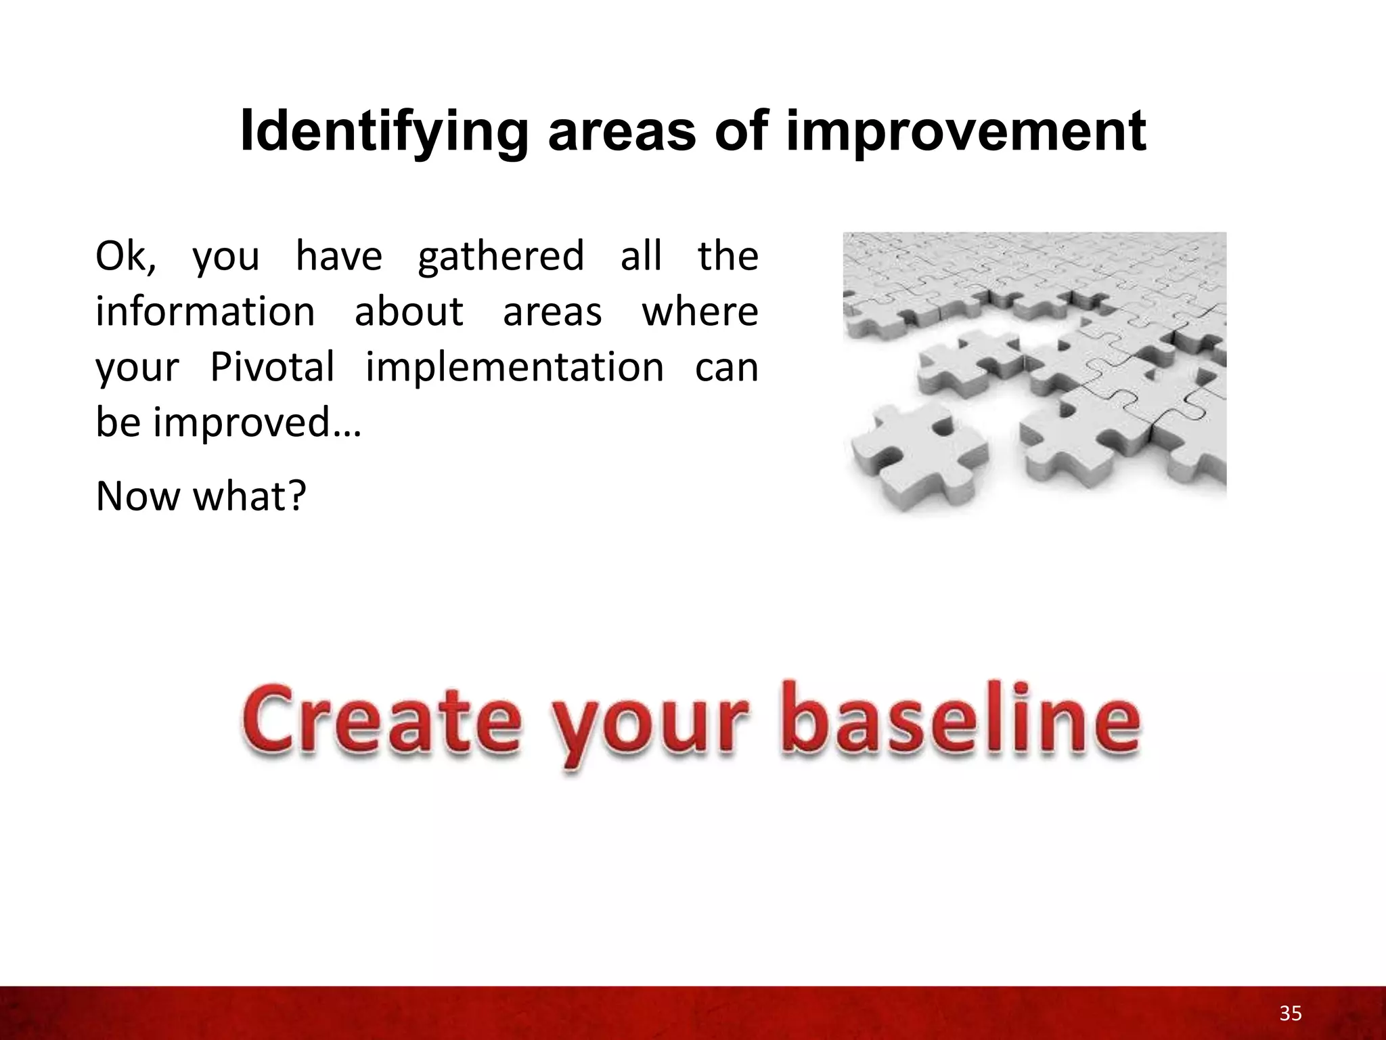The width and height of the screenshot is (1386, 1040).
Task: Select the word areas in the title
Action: [x=621, y=133]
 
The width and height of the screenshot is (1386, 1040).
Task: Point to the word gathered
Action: [x=501, y=257]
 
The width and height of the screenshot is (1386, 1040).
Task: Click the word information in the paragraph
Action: [x=205, y=312]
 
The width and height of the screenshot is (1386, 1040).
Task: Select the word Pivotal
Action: [x=272, y=368]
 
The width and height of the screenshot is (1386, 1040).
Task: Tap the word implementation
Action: [x=514, y=368]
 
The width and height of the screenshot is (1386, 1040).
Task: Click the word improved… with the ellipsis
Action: [x=257, y=423]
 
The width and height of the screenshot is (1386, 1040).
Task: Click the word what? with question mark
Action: [x=250, y=496]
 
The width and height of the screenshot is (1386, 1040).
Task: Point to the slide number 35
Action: [x=1290, y=1014]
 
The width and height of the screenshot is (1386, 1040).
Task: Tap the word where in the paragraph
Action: [x=699, y=312]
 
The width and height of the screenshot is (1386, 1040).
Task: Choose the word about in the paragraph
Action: [x=409, y=312]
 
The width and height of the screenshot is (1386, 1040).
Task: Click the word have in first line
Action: [x=338, y=257]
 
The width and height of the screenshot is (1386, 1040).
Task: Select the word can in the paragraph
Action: [x=726, y=368]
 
